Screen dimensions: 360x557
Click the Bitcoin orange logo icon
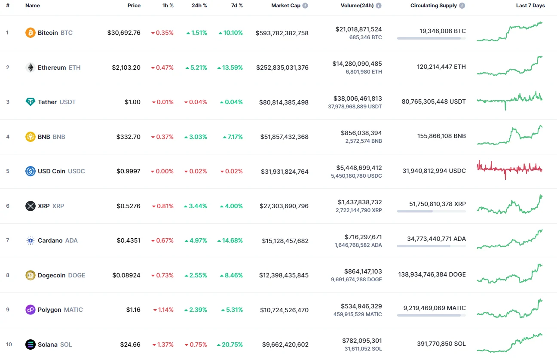30,33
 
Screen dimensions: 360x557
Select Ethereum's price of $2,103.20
126,68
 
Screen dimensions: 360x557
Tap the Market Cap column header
286,6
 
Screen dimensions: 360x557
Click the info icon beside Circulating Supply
462,6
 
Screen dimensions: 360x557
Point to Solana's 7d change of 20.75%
230,345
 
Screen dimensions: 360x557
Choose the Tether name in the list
47,102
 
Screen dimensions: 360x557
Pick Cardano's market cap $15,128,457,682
285,241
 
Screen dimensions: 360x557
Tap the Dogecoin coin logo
30,275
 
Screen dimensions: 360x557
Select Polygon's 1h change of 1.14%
163,310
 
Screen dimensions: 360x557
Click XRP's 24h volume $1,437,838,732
358,202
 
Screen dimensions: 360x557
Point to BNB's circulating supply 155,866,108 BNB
441,136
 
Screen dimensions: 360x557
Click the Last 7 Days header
530,6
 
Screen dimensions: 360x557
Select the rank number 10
9,345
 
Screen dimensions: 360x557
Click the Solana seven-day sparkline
510,342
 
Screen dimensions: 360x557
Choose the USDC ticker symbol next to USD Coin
77,171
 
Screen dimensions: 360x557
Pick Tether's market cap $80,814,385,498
284,102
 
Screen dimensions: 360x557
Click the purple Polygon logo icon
30,310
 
